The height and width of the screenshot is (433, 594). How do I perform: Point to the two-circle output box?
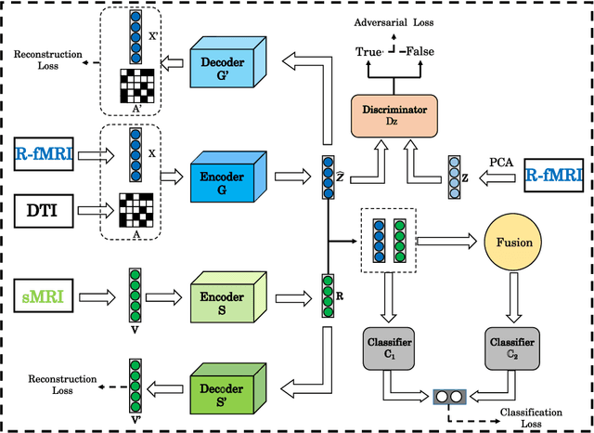tap(449, 396)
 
